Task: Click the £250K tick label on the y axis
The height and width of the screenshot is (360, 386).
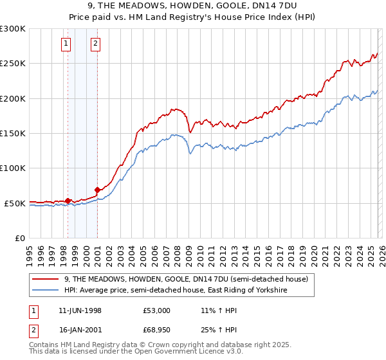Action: click(13, 64)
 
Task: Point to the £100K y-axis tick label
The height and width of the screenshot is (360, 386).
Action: click(13, 168)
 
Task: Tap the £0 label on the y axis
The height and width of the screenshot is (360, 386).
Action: click(19, 239)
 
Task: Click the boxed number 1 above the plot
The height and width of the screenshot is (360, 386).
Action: click(67, 44)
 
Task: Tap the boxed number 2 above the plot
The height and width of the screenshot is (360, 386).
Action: click(95, 44)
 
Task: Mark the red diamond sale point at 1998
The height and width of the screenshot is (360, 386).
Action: click(68, 201)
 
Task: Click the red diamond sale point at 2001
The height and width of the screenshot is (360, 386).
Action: click(98, 190)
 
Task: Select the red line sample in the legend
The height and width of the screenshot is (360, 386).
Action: click(46, 280)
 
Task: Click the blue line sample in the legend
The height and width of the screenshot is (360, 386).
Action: click(46, 291)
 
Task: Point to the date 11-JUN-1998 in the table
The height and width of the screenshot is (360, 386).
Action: click(80, 310)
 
